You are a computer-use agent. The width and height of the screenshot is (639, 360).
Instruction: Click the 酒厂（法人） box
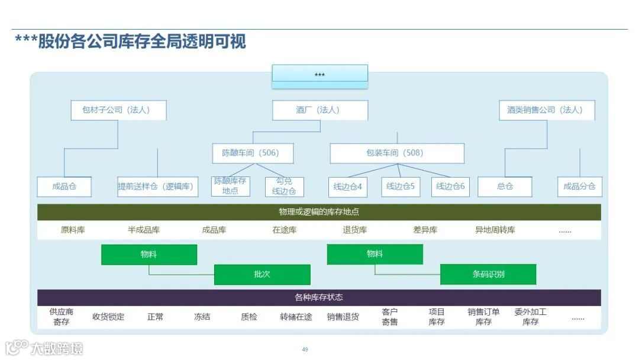(319, 110)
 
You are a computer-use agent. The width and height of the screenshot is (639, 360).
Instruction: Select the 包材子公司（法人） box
(118, 110)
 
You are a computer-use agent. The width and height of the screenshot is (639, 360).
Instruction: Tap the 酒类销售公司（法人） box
(544, 110)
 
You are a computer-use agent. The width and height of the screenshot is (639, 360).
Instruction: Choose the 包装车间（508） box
(396, 153)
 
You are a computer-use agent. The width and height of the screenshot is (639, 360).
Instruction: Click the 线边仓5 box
(401, 187)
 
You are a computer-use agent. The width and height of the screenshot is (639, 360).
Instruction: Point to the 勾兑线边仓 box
(285, 187)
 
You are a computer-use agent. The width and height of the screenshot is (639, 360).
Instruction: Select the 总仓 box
(505, 187)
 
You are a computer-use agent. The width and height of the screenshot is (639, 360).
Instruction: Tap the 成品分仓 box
(579, 187)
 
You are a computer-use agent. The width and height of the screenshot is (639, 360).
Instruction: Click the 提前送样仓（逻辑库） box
(157, 187)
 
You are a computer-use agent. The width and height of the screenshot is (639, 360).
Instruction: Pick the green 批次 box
(262, 274)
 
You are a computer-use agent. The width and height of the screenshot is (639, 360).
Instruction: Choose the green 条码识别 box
(488, 274)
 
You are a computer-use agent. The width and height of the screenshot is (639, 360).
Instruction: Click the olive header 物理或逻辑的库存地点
(319, 212)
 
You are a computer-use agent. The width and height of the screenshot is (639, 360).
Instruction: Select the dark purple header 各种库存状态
(319, 297)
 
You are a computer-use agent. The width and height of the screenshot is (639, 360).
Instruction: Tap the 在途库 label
(285, 230)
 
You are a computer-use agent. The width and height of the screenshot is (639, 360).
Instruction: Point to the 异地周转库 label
(495, 230)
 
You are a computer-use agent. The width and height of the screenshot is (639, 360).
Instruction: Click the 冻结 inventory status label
(202, 317)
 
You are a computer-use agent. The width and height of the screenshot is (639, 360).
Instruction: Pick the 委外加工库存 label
(530, 317)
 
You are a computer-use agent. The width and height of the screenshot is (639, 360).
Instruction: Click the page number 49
(305, 349)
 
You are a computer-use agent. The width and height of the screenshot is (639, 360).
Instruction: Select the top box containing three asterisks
(319, 75)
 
